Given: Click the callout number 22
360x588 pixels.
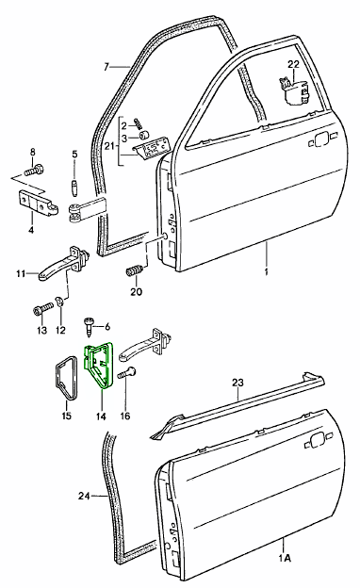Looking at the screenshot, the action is point(293,64).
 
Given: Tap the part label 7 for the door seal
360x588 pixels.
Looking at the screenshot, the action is point(106,67).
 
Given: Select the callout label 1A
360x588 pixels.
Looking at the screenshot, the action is point(285,558).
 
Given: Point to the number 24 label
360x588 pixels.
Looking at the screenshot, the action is point(84,496).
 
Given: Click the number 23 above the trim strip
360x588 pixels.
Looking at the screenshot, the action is point(237,383).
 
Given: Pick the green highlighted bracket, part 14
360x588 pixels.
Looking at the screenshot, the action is point(97,365).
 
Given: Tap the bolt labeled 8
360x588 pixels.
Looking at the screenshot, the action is point(34,171).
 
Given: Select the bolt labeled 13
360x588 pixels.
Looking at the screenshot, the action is point(43,310).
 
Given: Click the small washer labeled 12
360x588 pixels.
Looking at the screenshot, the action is point(59,301).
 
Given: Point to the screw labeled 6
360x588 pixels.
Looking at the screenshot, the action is point(89,327).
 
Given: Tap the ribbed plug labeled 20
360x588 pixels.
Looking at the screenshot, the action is point(136,270).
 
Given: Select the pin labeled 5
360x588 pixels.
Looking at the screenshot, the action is point(74,186).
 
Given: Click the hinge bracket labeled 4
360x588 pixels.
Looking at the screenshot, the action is point(39,203).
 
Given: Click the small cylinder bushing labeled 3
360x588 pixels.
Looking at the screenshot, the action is point(143,135).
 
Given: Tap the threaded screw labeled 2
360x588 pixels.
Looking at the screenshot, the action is point(139,123).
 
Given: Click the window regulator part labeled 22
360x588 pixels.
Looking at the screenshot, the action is point(294,90).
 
